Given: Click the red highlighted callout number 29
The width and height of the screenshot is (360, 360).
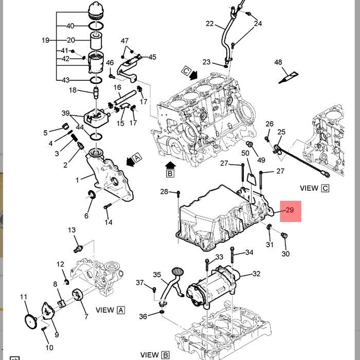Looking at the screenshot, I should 289,210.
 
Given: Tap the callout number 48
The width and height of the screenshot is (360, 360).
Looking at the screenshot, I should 278,63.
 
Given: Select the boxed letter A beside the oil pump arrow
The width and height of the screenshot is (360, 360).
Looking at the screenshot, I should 136,157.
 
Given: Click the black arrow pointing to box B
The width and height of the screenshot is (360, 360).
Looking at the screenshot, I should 170,165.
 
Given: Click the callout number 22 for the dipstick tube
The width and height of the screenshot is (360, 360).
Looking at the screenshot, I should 210,24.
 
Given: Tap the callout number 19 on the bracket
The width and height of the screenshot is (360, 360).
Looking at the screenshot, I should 46,40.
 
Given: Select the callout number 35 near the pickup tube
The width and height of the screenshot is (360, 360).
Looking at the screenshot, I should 157,275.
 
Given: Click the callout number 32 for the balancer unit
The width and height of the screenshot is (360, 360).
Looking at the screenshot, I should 256,274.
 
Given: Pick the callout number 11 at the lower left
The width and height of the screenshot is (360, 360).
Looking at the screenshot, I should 24,297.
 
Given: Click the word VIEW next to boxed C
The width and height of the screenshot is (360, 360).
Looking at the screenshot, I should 309,188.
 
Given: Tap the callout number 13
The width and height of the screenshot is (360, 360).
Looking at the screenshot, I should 71,230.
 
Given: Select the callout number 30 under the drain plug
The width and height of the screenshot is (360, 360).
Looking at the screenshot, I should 286,254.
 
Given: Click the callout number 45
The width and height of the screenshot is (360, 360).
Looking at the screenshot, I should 152,57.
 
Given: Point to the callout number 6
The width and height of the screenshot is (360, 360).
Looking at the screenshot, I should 86,216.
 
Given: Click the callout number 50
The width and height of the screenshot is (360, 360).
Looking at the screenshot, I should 245,153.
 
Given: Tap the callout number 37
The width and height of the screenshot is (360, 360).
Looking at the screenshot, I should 140,283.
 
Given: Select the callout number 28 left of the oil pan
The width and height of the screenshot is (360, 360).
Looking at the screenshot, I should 164,192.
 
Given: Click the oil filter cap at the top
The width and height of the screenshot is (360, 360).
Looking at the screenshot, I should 96,10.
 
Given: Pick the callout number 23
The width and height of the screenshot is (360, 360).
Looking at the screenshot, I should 207,62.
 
